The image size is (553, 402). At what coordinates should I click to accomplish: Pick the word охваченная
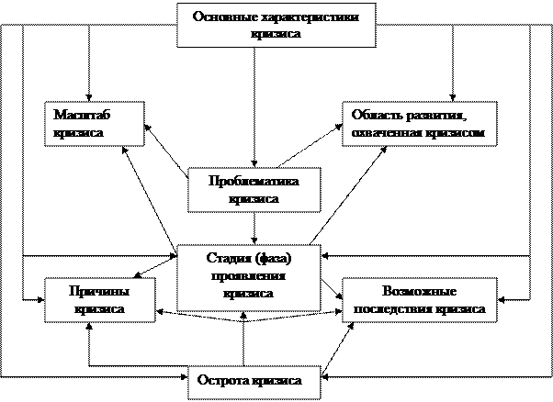pyautogui.click(x=386, y=133)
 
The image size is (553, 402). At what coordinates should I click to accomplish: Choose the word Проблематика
pyautogui.click(x=254, y=182)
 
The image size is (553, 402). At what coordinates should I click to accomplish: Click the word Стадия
pyautogui.click(x=226, y=259)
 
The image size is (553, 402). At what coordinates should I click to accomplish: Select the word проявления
pyautogui.click(x=248, y=276)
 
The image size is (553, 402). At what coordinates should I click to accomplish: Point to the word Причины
pyautogui.click(x=100, y=292)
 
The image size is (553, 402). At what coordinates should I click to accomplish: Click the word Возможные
pyautogui.click(x=419, y=292)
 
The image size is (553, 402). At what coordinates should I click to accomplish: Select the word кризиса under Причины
pyautogui.click(x=100, y=309)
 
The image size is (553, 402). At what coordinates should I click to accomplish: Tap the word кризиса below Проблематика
pyautogui.click(x=254, y=199)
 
